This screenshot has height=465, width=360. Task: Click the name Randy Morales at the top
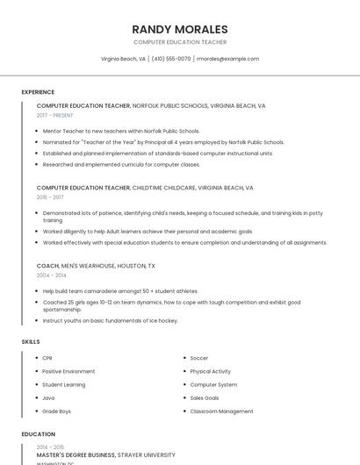(180, 29)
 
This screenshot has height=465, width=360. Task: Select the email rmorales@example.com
(227, 59)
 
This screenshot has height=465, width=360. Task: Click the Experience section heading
(38, 92)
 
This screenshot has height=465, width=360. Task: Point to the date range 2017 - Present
(55, 115)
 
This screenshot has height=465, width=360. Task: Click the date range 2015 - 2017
(50, 197)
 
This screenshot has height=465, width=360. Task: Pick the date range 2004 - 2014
(51, 275)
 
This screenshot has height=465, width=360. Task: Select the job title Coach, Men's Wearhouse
(96, 266)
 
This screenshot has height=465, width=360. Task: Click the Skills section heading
(31, 341)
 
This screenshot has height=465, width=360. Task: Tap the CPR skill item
(47, 358)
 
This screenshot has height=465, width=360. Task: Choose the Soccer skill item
(199, 358)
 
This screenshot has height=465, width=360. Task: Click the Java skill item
(48, 397)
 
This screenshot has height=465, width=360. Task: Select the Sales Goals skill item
(205, 397)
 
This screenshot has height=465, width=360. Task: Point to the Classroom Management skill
(221, 411)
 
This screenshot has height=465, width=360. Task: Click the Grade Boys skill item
(57, 411)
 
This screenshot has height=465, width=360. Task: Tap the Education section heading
(38, 434)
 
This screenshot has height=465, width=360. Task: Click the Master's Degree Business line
(105, 455)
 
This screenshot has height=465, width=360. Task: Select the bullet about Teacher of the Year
(163, 141)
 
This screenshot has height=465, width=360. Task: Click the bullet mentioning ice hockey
(110, 320)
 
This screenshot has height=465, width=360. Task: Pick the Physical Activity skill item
(211, 371)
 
